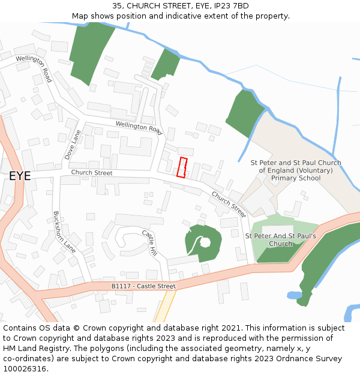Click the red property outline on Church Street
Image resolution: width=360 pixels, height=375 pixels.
tap(182, 167)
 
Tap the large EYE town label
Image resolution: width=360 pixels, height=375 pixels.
tap(20, 176)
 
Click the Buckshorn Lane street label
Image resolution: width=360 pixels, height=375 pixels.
tap(64, 232)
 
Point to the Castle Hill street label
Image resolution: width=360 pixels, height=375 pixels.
tap(149, 242)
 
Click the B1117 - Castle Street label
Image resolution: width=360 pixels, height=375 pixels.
tap(143, 287)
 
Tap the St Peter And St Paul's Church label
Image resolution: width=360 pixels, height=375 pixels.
tap(280, 240)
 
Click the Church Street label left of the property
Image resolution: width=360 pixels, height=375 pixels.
tap(92, 173)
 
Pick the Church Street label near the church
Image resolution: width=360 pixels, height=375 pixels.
tap(229, 203)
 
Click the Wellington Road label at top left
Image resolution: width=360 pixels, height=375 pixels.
tap(34, 68)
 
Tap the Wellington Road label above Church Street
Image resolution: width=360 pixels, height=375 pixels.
tap(139, 127)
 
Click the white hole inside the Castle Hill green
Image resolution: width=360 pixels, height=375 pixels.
tap(205, 242)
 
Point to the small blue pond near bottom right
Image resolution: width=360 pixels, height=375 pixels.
tap(294, 295)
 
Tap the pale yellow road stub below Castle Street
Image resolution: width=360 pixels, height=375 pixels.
tap(165, 307)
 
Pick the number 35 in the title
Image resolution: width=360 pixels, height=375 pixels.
tap(117, 6)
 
